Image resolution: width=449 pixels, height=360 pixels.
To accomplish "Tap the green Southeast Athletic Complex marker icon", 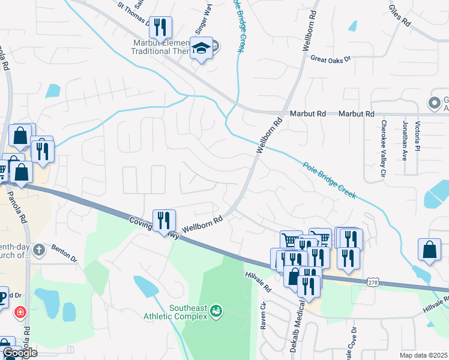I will pyautogui.click(x=215, y=311).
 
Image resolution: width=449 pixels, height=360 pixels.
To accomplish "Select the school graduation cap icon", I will pyautogui.click(x=202, y=47).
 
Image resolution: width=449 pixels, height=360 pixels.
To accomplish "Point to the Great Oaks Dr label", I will pyautogui.click(x=330, y=58).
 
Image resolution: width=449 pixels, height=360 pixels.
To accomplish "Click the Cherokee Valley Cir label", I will pyautogui.click(x=383, y=149).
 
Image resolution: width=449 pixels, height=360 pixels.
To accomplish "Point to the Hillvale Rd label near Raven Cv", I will pyautogui.click(x=258, y=280).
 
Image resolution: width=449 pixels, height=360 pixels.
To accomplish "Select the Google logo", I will pyautogui.click(x=19, y=353).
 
